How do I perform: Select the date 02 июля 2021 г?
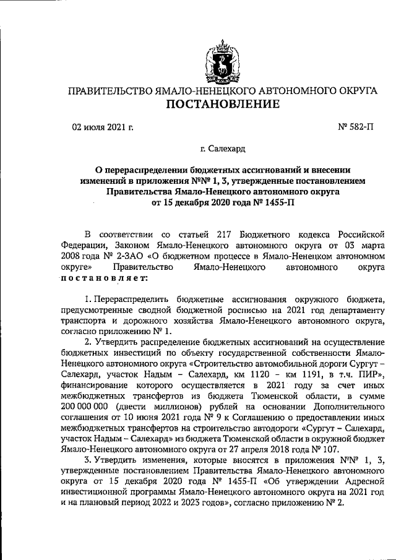(x=102, y=129)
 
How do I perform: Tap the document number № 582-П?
(x=356, y=129)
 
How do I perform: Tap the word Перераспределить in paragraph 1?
(x=132, y=299)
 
